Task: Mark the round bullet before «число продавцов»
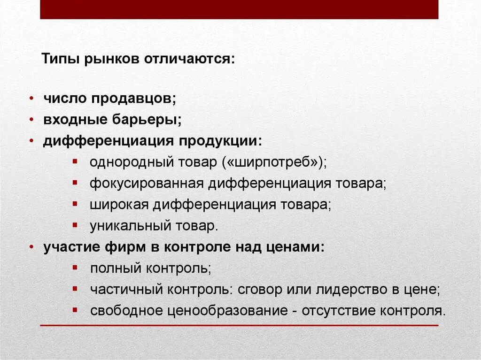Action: point(31,99)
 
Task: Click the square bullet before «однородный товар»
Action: point(75,161)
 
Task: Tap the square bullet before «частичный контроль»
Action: point(75,289)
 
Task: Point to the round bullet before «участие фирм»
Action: point(31,247)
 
